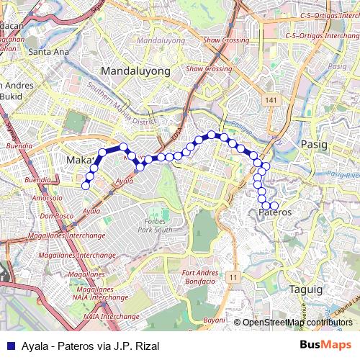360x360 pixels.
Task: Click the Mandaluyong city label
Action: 135,71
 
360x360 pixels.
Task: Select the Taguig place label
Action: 307,288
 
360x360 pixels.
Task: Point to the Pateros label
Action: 274,213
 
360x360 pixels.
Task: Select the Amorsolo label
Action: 47,197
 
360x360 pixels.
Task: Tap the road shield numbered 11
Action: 233,276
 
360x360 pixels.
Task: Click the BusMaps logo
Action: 330,345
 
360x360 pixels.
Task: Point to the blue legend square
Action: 9,345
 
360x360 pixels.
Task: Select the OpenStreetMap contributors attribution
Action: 297,322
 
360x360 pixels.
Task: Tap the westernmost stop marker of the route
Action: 86,186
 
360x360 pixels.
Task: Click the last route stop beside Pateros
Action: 274,207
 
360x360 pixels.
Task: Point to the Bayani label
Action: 214,319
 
